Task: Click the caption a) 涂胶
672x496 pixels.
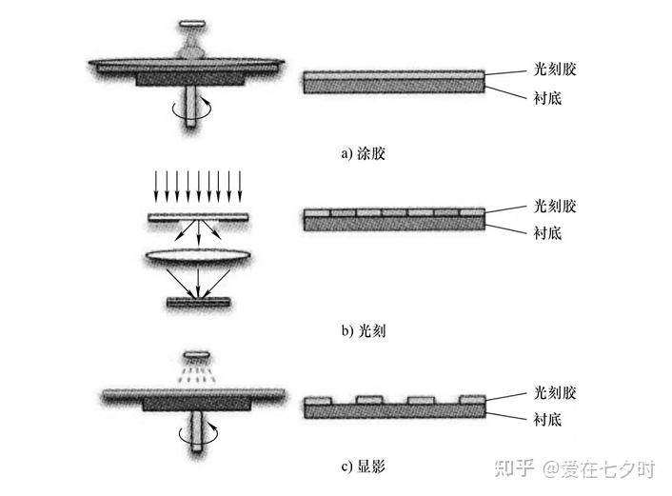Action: pos(363,153)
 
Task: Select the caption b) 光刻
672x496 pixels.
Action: pos(364,330)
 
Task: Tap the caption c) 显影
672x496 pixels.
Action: pos(364,466)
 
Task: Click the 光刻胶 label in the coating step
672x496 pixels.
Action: pos(555,69)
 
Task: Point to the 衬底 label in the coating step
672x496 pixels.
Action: pos(547,98)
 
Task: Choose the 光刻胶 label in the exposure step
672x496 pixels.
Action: pos(555,207)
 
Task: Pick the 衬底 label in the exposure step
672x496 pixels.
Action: pos(547,233)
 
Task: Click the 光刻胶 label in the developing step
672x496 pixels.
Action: pos(555,392)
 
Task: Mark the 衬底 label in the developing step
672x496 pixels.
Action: pos(547,419)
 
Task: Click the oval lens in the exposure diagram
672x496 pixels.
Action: pos(198,256)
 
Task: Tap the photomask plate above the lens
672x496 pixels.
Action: pos(198,217)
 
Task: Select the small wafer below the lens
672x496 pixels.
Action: pos(198,302)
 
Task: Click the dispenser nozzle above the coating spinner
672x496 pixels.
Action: pos(192,24)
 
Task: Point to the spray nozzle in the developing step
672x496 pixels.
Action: pos(197,355)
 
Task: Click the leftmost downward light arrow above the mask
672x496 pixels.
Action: pos(156,186)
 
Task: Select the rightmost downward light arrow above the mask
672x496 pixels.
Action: pos(240,186)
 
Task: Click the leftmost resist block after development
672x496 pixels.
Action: pos(318,401)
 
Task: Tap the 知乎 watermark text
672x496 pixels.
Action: pos(514,468)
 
